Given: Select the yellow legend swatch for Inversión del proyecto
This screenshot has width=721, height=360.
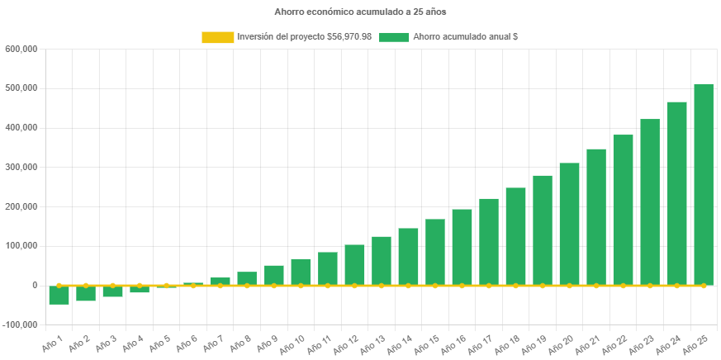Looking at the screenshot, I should coord(217,37).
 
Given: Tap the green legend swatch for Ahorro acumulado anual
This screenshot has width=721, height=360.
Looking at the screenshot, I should coord(394,37).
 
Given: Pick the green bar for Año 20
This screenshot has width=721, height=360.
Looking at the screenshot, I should coord(569,223).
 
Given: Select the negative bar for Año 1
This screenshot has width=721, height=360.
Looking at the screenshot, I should coord(59,295).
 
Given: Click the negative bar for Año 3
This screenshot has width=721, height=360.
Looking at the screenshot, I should coord(112,291).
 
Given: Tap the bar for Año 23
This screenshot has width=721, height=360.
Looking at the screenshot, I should coord(649,201).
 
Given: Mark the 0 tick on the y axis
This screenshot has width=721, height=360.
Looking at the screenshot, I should coord(34,285).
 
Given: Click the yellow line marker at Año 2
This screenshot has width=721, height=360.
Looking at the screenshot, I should coord(85,285).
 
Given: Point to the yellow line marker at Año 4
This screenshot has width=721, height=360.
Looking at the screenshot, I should coord(139,285).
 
